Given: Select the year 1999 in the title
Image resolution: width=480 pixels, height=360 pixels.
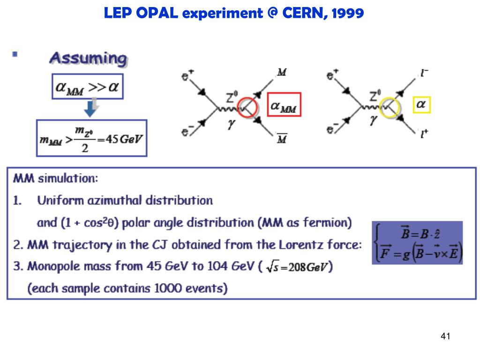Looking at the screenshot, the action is [347, 13].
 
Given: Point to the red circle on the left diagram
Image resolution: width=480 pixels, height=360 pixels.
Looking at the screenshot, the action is [247, 108].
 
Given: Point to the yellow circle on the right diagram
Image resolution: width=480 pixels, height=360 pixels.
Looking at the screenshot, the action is [390, 108].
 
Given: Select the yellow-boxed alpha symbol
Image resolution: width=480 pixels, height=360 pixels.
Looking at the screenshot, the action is [421, 105].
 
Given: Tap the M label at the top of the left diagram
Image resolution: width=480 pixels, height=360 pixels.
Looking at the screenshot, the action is [282, 72].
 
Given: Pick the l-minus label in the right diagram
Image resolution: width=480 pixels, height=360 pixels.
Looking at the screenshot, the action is [425, 73].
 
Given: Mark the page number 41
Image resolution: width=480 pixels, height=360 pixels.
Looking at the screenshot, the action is [445, 336].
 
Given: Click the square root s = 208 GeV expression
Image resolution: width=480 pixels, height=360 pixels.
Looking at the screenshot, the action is [299, 267].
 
